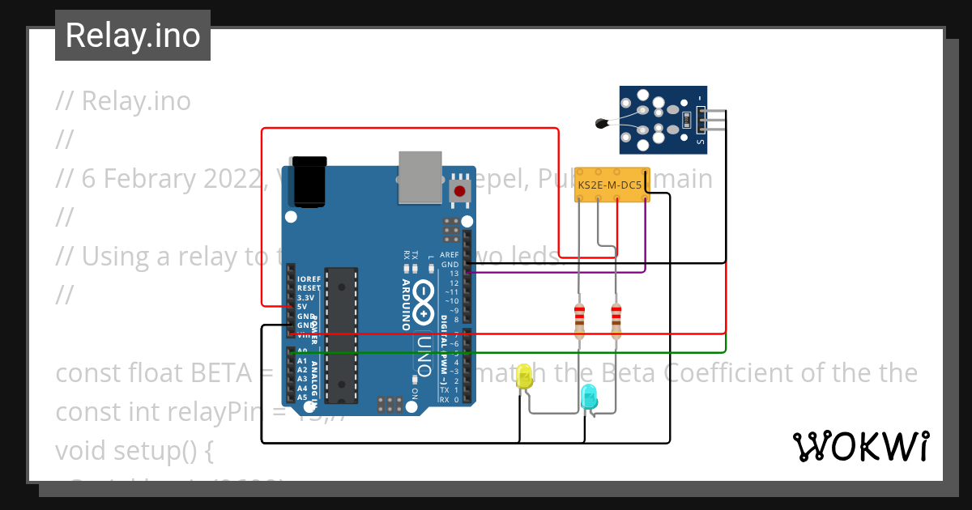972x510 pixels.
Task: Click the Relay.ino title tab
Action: tap(133, 36)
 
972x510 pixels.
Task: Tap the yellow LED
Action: tap(524, 376)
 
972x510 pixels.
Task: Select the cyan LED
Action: tap(589, 397)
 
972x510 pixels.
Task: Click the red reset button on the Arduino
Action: tap(460, 192)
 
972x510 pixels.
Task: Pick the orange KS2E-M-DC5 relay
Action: tap(612, 185)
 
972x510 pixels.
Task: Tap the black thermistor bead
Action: tap(601, 124)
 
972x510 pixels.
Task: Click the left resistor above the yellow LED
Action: tap(579, 321)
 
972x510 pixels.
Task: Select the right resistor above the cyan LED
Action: tap(616, 321)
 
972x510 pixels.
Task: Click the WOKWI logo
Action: tap(860, 446)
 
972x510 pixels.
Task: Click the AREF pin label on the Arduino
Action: tap(450, 255)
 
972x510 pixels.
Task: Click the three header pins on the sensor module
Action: tap(713, 120)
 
